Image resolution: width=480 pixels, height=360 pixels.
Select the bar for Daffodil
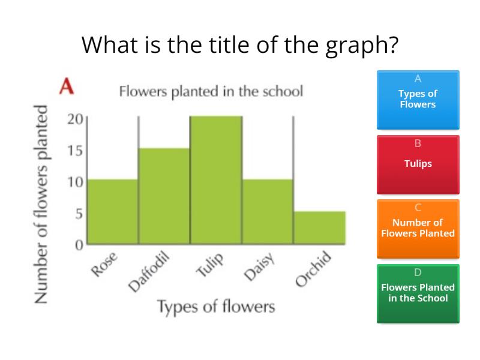click(164, 196)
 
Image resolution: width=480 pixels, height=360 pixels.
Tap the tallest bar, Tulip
click(216, 180)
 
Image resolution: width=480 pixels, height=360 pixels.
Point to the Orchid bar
click(319, 227)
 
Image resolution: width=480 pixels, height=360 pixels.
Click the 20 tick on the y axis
click(75, 119)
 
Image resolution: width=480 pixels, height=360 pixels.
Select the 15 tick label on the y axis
click(75, 150)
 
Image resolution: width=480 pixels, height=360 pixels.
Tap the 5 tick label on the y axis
click(79, 213)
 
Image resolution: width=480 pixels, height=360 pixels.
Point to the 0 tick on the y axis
click(79, 244)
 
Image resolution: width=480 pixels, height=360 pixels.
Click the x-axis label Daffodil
click(150, 272)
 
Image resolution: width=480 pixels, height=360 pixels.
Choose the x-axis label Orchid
click(314, 269)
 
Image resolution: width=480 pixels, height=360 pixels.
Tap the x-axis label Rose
click(104, 265)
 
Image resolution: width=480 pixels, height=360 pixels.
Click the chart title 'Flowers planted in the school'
click(211, 92)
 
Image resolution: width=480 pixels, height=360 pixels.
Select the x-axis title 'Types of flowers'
click(216, 307)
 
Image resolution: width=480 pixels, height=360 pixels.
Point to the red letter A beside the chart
click(67, 87)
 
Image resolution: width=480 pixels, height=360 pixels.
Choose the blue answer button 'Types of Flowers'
click(418, 100)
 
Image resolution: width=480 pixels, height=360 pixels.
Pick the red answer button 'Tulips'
click(418, 164)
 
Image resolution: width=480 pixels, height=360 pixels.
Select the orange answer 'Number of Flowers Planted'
click(418, 229)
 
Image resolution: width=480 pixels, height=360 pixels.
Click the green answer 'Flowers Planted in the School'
click(418, 293)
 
